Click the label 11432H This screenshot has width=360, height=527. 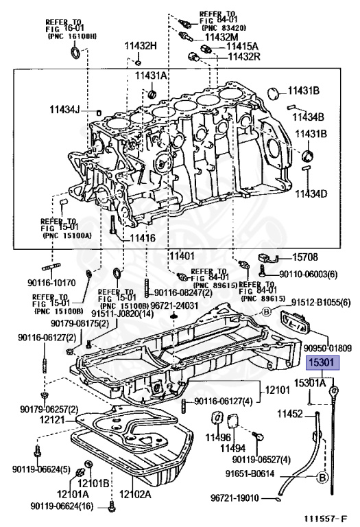pyautogui.click(x=141, y=46)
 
